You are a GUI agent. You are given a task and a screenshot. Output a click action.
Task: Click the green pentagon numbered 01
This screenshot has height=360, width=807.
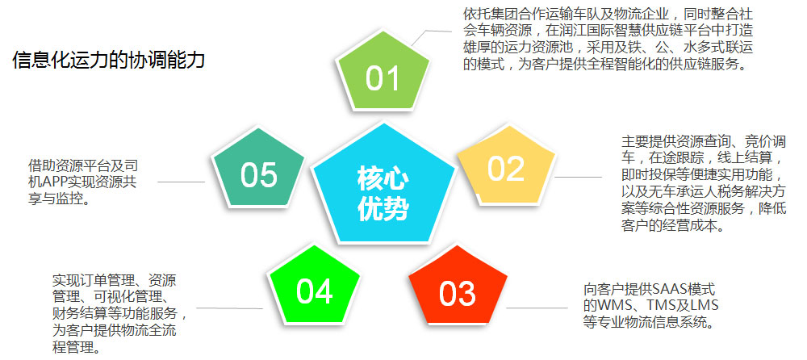point(383,77)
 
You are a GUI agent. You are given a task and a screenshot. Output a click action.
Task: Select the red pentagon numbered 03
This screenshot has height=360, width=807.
point(457,292)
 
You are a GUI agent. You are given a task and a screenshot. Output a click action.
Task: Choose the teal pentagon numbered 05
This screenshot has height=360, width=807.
point(258,174)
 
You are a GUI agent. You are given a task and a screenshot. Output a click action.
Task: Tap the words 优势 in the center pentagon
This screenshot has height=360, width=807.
point(383,209)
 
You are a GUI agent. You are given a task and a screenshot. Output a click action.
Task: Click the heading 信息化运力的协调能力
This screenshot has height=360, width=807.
point(108,61)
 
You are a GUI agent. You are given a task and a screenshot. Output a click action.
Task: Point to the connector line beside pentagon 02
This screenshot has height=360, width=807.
point(578,176)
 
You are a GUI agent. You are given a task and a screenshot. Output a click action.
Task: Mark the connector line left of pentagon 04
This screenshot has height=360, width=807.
point(229,308)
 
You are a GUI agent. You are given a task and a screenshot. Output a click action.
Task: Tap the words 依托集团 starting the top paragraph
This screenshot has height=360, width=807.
point(489,15)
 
